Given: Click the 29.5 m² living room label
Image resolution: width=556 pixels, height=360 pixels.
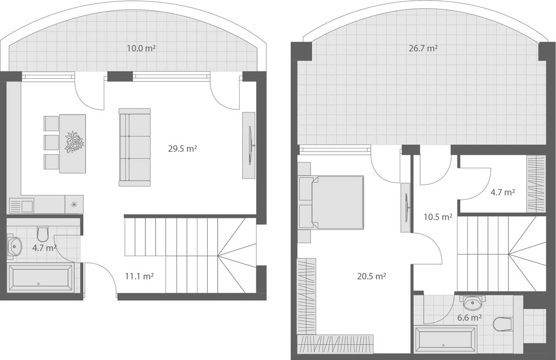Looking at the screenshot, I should [183, 149].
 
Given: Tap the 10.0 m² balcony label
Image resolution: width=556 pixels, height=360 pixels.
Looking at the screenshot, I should [141, 48].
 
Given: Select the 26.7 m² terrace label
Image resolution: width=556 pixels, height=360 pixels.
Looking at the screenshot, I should [423, 48].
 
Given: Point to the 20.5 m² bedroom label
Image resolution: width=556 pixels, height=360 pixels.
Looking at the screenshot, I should [372, 276].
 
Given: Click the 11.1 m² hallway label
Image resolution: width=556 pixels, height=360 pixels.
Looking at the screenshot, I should [139, 276].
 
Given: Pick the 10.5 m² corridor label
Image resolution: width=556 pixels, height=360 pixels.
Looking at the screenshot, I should [438, 216].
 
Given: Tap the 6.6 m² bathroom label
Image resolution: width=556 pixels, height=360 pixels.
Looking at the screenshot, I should [469, 318].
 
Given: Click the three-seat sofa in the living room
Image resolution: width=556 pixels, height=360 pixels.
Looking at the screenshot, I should [135, 147].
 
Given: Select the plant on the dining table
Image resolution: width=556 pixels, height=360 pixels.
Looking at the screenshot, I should [74, 142].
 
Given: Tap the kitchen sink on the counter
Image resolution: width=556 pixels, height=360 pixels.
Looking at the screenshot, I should [21, 205].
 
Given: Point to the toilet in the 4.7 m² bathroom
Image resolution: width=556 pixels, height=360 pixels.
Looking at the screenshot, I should [43, 234].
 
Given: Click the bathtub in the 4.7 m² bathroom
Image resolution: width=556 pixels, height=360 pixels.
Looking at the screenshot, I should [41, 278].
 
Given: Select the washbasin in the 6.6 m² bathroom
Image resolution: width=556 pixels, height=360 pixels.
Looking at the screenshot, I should [473, 303].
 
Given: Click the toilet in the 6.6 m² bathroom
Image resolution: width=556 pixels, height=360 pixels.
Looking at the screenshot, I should [502, 324].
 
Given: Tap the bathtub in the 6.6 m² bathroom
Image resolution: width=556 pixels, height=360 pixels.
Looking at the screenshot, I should [445, 340].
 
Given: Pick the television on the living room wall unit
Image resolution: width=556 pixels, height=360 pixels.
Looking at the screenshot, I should [251, 145].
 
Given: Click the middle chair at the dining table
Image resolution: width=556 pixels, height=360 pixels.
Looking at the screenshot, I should [51, 143].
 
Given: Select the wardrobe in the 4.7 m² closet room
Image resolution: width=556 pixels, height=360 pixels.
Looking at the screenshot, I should [536, 184].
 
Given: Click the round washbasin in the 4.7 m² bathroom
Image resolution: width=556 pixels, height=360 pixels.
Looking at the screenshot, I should [14, 246].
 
